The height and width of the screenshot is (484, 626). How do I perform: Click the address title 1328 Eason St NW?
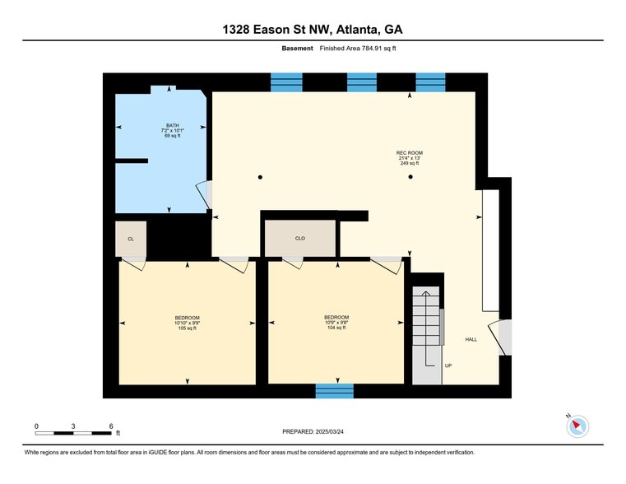(x=313, y=30)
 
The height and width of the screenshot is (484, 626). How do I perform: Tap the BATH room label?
(x=172, y=126)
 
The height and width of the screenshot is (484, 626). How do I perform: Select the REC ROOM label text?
(x=409, y=153)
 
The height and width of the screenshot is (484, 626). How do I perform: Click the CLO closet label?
(x=300, y=239)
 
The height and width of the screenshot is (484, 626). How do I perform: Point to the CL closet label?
(x=131, y=239)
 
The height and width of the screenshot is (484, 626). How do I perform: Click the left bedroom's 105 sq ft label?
(x=187, y=328)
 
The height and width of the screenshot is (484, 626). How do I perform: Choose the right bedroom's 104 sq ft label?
(x=336, y=328)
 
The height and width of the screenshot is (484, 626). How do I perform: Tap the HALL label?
(x=471, y=339)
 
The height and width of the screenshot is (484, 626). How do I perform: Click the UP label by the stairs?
(x=448, y=365)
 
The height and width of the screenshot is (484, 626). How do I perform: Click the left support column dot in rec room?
(x=260, y=177)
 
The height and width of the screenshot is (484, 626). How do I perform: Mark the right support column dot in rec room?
(x=410, y=177)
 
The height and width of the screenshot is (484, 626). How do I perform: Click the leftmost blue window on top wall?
(x=287, y=81)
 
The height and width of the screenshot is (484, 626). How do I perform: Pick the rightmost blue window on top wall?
(x=430, y=81)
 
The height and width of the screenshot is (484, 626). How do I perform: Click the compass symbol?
(x=577, y=426)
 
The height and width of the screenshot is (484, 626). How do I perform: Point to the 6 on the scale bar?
(x=111, y=426)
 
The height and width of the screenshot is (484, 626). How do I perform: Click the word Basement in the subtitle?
(x=297, y=49)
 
